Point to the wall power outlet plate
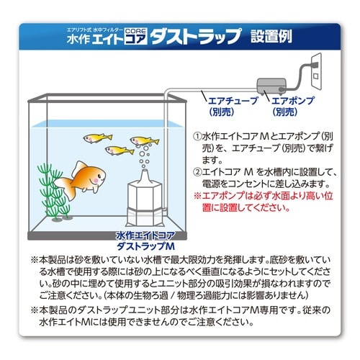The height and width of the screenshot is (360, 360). [316, 71]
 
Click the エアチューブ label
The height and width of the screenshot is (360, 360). [233, 101]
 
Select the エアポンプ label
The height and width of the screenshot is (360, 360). [293, 101]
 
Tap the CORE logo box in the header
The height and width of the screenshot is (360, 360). [135, 36]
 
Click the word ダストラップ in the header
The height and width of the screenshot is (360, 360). [196, 36]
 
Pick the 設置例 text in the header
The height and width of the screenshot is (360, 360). [271, 37]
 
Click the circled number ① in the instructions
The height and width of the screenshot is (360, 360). [197, 137]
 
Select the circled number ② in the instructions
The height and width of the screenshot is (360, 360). [197, 172]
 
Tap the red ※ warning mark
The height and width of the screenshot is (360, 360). [197, 196]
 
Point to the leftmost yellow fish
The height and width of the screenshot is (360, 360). [97, 138]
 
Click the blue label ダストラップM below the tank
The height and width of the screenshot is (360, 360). [145, 246]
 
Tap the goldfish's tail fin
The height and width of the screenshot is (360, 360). [63, 188]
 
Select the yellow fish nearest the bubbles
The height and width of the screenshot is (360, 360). [144, 141]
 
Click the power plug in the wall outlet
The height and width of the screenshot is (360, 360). [314, 65]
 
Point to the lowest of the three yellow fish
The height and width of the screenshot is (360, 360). [120, 150]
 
